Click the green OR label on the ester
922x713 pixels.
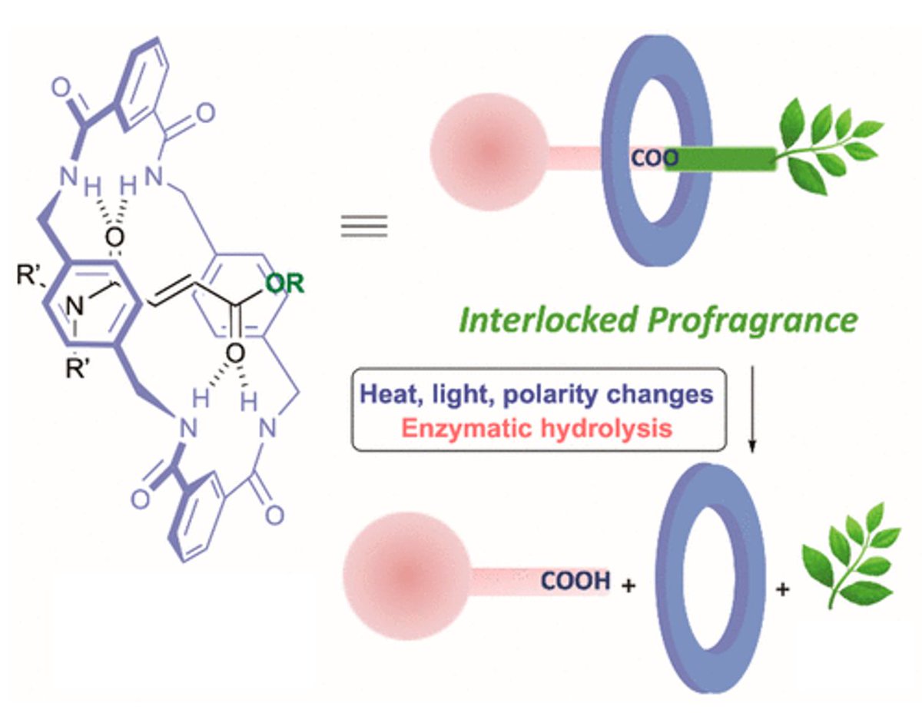[x=285, y=284]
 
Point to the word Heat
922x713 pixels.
[x=390, y=394]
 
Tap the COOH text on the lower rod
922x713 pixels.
[x=575, y=580]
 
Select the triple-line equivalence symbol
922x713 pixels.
[x=364, y=226]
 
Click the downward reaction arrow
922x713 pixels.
[x=752, y=410]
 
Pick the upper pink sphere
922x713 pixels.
[x=489, y=152]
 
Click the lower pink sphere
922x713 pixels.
[x=406, y=575]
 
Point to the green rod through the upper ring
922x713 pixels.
[x=721, y=158]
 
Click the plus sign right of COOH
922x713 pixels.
[x=628, y=585]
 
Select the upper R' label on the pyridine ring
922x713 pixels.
[x=28, y=276]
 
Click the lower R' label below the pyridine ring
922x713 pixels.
[x=76, y=369]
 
